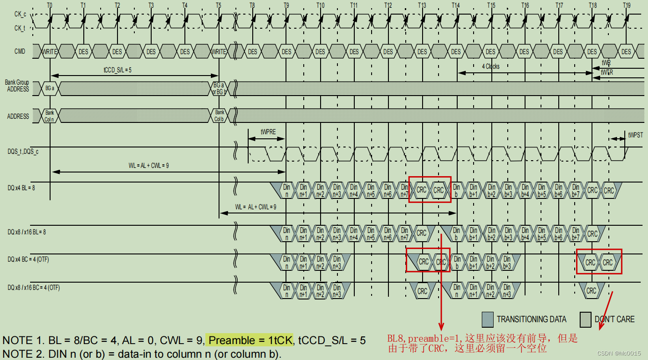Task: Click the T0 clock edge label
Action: pyautogui.click(x=50, y=5)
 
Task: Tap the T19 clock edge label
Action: pyautogui.click(x=627, y=5)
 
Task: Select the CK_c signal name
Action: pyautogui.click(x=20, y=14)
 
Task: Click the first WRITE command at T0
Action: pyautogui.click(x=50, y=51)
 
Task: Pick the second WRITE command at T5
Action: pyautogui.click(x=219, y=51)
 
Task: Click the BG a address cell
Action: pyautogui.click(x=50, y=89)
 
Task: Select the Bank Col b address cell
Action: pyautogui.click(x=219, y=116)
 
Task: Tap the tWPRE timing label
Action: pyautogui.click(x=268, y=132)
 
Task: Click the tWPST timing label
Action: pyautogui.click(x=635, y=135)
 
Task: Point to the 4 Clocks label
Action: pyautogui.click(x=491, y=66)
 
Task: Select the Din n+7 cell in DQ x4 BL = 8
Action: pyautogui.click(x=404, y=190)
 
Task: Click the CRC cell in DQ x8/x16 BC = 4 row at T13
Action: pyautogui.click(x=422, y=291)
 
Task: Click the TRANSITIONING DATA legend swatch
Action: pyautogui.click(x=488, y=319)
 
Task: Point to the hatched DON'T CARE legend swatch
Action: pyautogui.click(x=586, y=319)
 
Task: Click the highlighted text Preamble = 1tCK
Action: pyautogui.click(x=250, y=340)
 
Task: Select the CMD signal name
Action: pyautogui.click(x=20, y=51)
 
